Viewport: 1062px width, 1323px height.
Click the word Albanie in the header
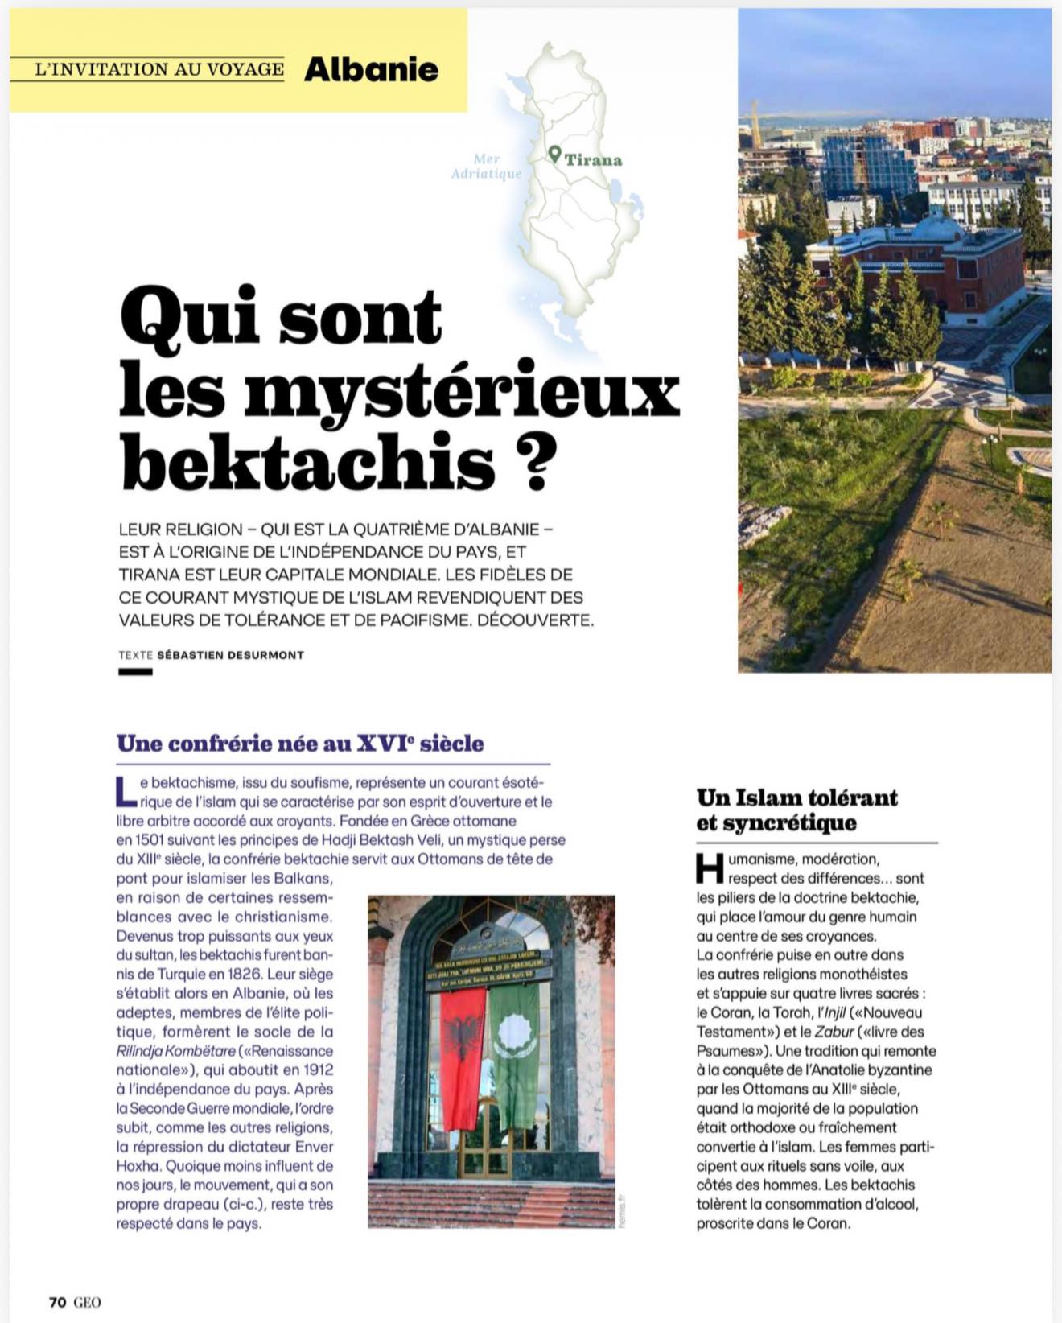click(x=371, y=70)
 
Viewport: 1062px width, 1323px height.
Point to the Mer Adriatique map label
click(x=486, y=167)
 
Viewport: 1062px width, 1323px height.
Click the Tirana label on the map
click(x=593, y=160)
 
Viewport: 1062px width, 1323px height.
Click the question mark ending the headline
click(x=533, y=465)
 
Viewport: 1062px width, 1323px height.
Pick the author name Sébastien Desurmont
click(x=230, y=655)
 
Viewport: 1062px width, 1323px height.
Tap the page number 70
click(x=57, y=1302)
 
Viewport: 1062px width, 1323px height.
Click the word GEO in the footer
click(x=88, y=1302)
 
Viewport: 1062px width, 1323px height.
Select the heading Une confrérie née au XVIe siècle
click(x=300, y=743)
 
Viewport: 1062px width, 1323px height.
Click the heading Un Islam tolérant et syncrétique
click(x=797, y=810)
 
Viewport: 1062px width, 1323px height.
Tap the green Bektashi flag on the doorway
click(x=514, y=1054)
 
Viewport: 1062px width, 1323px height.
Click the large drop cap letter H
click(x=710, y=868)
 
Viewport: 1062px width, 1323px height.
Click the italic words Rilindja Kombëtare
click(x=176, y=1051)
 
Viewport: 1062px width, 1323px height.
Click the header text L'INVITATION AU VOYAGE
click(x=159, y=70)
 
